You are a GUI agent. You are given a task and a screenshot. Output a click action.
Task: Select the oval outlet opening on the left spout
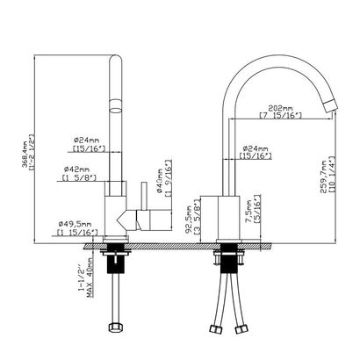[115, 108]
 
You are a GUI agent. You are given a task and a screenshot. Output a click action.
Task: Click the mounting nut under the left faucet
[116, 260]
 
